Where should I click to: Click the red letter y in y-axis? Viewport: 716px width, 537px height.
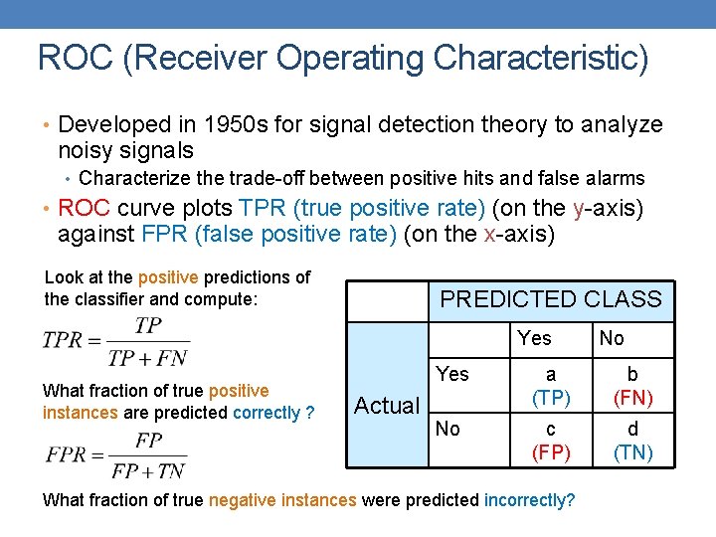pyautogui.click(x=580, y=208)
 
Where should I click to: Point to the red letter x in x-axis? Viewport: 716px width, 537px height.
pyautogui.click(x=488, y=235)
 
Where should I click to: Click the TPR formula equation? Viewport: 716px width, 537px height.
pyautogui.click(x=115, y=341)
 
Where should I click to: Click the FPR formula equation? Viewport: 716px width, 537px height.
pyautogui.click(x=115, y=454)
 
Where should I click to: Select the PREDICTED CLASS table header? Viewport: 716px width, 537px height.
pyautogui.click(x=550, y=299)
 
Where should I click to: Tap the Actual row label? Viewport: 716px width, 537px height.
pyautogui.click(x=387, y=405)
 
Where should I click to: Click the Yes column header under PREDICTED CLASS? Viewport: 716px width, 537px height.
pyautogui.click(x=534, y=338)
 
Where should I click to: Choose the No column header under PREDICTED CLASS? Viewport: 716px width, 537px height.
pyautogui.click(x=612, y=338)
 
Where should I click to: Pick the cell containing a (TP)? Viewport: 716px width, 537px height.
pyautogui.click(x=550, y=386)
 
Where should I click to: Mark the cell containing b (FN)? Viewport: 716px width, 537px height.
pyautogui.click(x=632, y=386)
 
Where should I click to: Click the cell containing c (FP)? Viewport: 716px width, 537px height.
pyautogui.click(x=550, y=441)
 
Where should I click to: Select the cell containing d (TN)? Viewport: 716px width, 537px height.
pyautogui.click(x=632, y=441)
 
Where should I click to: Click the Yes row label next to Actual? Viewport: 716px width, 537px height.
pyautogui.click(x=452, y=374)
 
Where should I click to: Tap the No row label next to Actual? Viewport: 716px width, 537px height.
pyautogui.click(x=447, y=429)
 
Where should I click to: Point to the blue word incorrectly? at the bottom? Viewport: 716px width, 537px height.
pyautogui.click(x=529, y=500)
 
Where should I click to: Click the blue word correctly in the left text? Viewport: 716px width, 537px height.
pyautogui.click(x=267, y=412)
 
